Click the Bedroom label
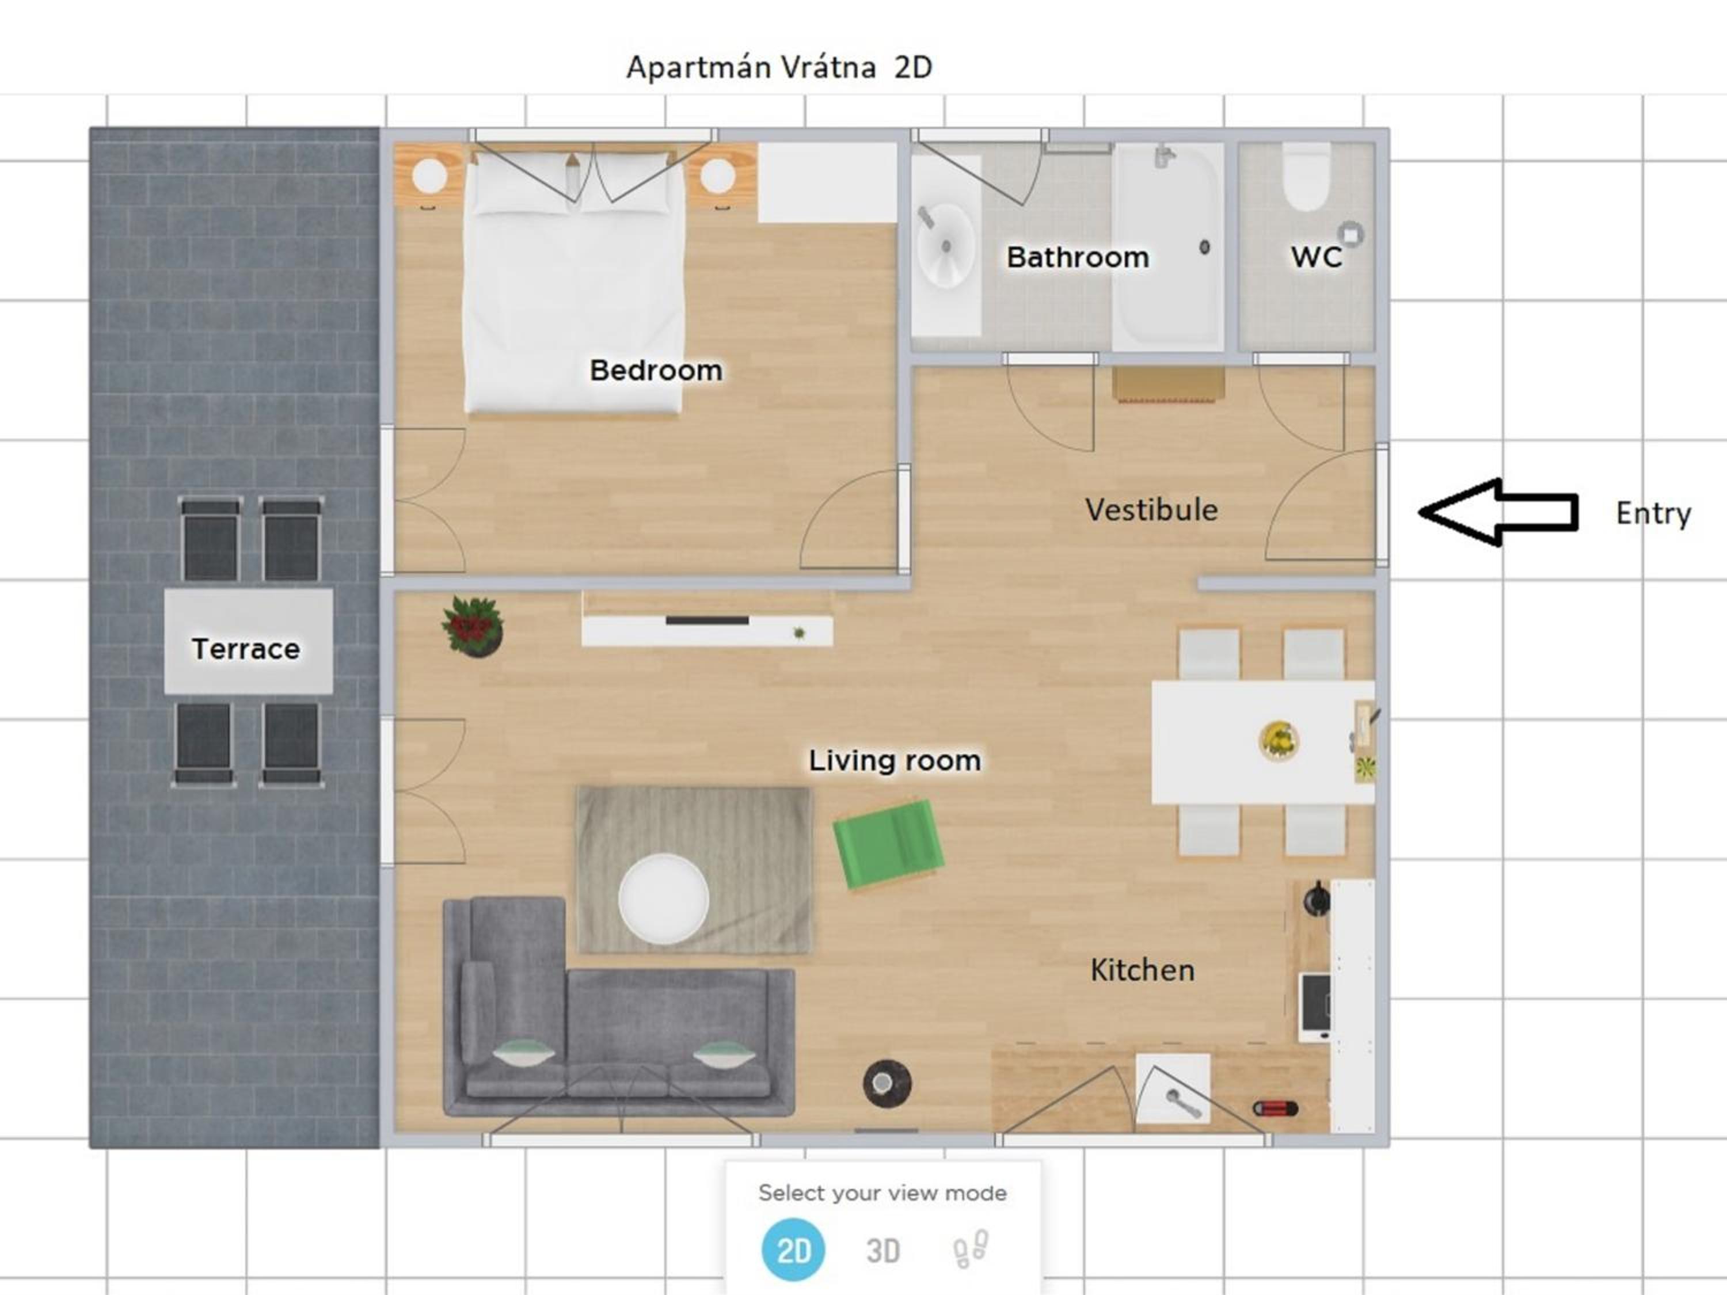click(x=656, y=370)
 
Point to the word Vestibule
click(x=1151, y=510)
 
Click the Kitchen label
click(x=1142, y=970)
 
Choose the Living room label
click(x=895, y=760)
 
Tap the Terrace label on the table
click(x=246, y=649)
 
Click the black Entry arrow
click(x=1498, y=512)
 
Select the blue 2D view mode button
click(x=793, y=1250)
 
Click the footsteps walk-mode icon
click(x=971, y=1249)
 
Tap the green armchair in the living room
click(x=888, y=844)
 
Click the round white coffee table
click(x=664, y=898)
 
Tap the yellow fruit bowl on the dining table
click(x=1279, y=739)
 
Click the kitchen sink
click(x=1173, y=1089)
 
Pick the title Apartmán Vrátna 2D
click(x=779, y=67)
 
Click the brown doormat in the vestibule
click(x=1168, y=383)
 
